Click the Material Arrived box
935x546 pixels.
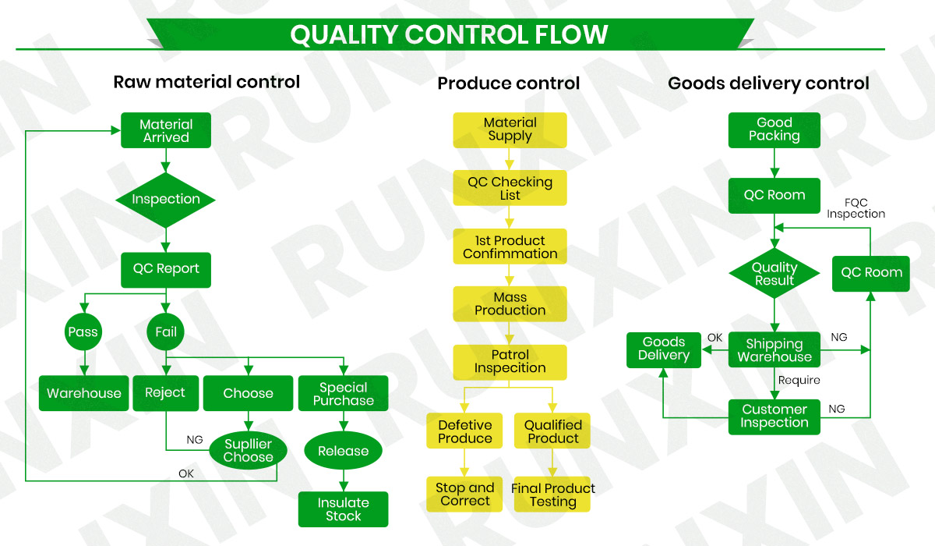point(165,130)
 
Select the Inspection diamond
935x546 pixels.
point(165,200)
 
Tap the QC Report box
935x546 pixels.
point(165,269)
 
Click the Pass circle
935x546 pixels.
point(83,331)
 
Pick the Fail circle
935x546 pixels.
point(165,331)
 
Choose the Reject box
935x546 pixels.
point(164,393)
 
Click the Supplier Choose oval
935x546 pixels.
point(248,451)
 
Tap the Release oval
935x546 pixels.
point(343,451)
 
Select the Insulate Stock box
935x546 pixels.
point(343,509)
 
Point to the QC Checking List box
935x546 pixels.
point(510,188)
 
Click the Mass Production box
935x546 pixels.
point(510,304)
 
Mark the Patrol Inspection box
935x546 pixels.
point(510,362)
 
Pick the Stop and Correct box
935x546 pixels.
point(464,495)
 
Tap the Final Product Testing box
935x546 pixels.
point(552,495)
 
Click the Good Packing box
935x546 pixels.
point(774,129)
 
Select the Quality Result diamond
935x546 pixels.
point(774,274)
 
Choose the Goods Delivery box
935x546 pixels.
point(664,349)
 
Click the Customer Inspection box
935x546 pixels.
point(774,416)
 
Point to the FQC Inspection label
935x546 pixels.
point(856,208)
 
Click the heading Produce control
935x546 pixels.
point(509,83)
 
